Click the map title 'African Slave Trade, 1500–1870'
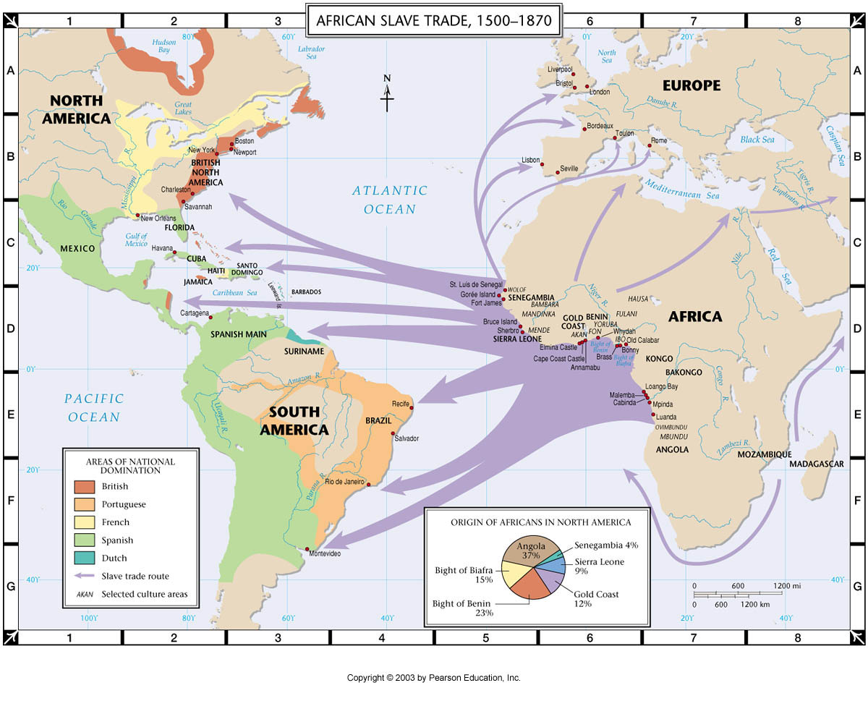pyautogui.click(x=434, y=20)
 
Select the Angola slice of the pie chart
pyautogui.click(x=532, y=553)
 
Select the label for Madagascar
pyautogui.click(x=817, y=464)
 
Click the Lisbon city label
pyautogui.click(x=531, y=159)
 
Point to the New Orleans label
pyautogui.click(x=158, y=218)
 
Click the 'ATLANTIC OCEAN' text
pyautogui.click(x=390, y=200)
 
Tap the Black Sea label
pyautogui.click(x=757, y=140)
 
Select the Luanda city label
pyautogui.click(x=666, y=417)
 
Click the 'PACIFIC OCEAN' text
pyautogui.click(x=94, y=407)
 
